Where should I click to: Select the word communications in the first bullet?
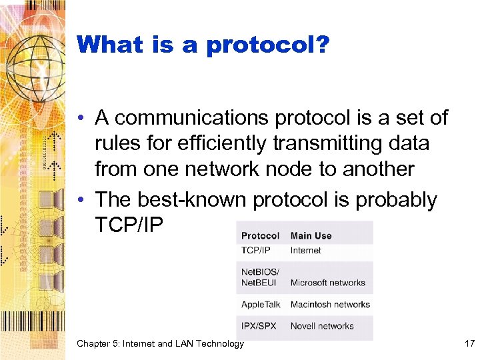(183, 119)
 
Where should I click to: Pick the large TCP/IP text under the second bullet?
(129, 225)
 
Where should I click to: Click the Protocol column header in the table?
(260, 235)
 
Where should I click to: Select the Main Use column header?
(311, 235)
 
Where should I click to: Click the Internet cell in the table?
(306, 251)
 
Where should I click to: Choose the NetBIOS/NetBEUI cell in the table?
(261, 277)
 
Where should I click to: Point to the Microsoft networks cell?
(328, 283)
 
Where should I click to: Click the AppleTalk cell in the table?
(261, 305)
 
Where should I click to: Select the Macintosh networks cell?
(330, 305)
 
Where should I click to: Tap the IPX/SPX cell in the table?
(259, 326)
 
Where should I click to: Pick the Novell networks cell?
(322, 326)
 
